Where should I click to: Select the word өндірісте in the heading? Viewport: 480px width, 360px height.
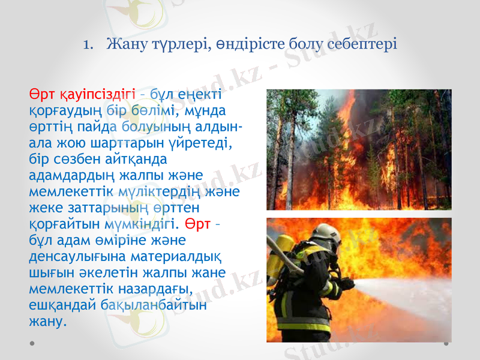tap(235, 44)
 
